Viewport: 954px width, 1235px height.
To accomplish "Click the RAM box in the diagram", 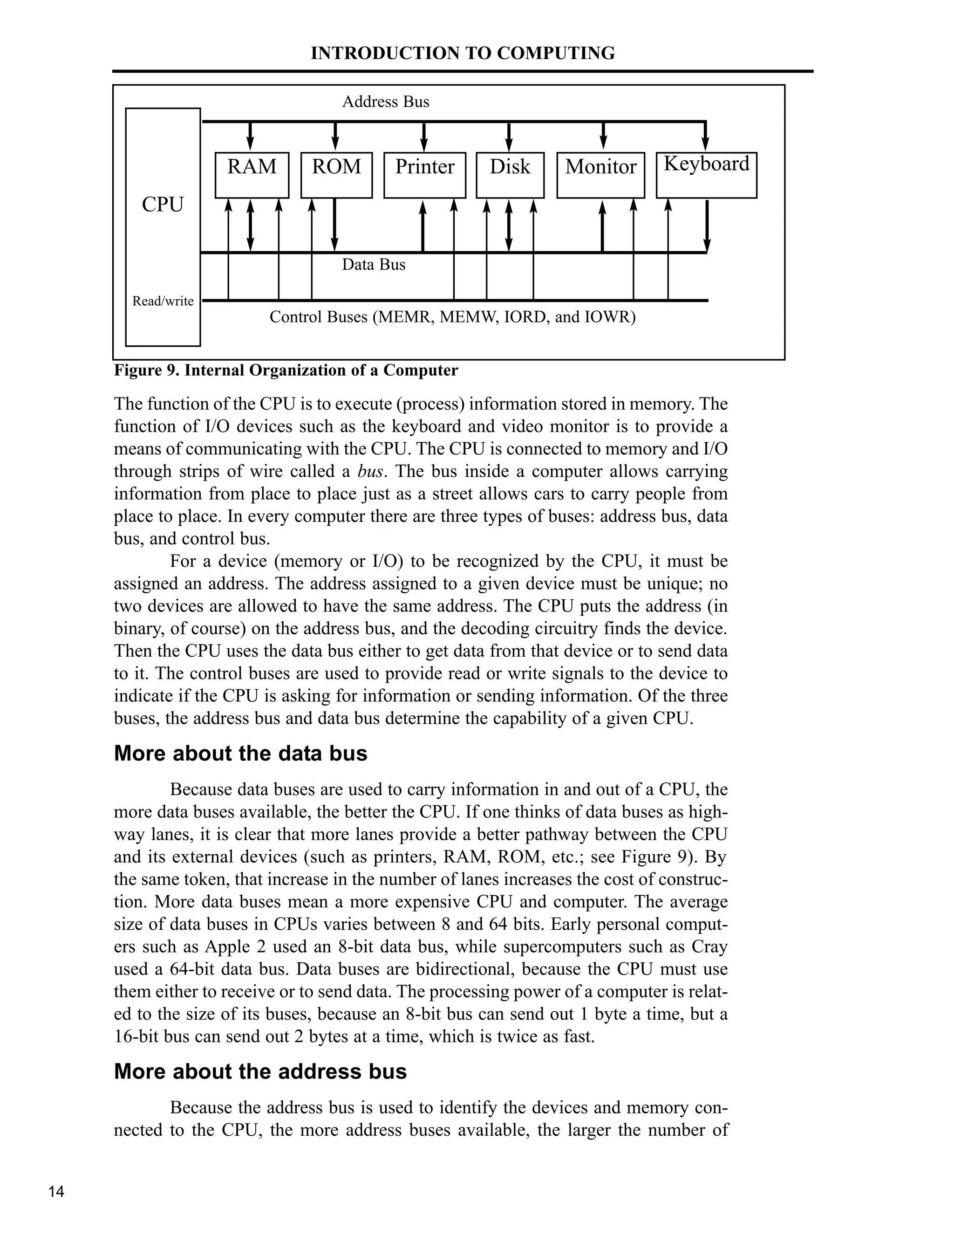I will tap(252, 175).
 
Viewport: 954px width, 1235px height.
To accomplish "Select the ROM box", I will tap(336, 175).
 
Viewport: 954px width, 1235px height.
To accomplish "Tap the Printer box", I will tap(424, 175).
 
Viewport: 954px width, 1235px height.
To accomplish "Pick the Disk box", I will tap(510, 175).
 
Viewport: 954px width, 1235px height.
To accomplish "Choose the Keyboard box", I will tap(706, 175).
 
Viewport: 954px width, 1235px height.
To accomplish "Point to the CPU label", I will tap(163, 204).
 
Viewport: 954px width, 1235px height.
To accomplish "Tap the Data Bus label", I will tap(374, 265).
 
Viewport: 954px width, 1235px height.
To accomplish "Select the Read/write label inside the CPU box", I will tap(163, 301).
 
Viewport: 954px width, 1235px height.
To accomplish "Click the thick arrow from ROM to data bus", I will tap(334, 225).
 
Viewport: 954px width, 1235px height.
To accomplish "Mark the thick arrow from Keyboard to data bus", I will tap(707, 225).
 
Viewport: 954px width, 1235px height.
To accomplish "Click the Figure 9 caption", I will tap(286, 370).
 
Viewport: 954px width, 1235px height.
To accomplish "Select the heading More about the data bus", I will tap(241, 754).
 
